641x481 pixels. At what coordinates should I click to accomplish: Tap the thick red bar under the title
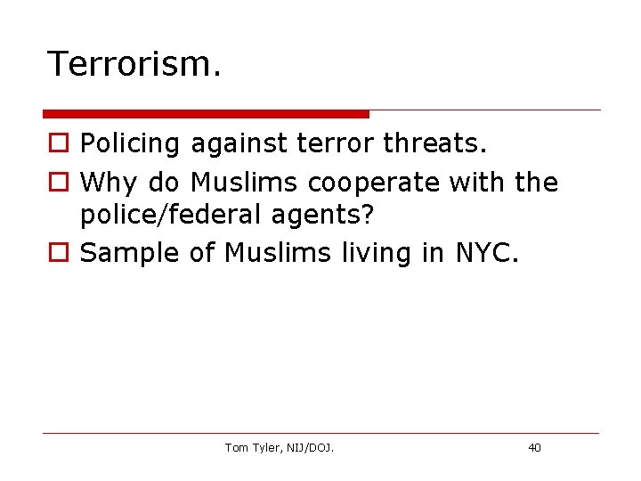click(x=206, y=114)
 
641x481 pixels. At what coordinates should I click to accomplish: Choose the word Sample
click(x=131, y=253)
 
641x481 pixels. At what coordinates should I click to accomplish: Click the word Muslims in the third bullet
click(x=279, y=252)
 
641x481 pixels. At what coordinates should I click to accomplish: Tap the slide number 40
click(x=534, y=448)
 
